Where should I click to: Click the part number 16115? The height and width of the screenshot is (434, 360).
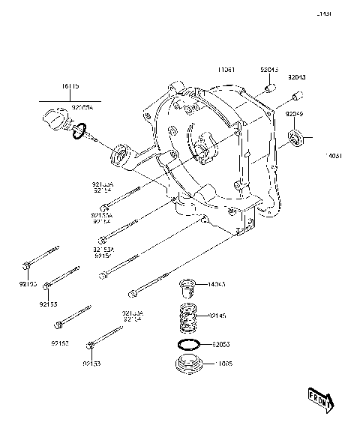pos(71,88)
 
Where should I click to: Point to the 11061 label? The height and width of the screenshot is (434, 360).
pos(227,70)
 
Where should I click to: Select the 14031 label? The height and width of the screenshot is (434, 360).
pos(333,156)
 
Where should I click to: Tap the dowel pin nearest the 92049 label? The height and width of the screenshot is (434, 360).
pos(297,97)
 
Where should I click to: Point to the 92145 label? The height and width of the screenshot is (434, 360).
pos(218,316)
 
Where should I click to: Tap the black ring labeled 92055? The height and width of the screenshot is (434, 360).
pos(188,346)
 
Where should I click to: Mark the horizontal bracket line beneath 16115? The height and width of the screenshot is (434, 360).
pos(71,99)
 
